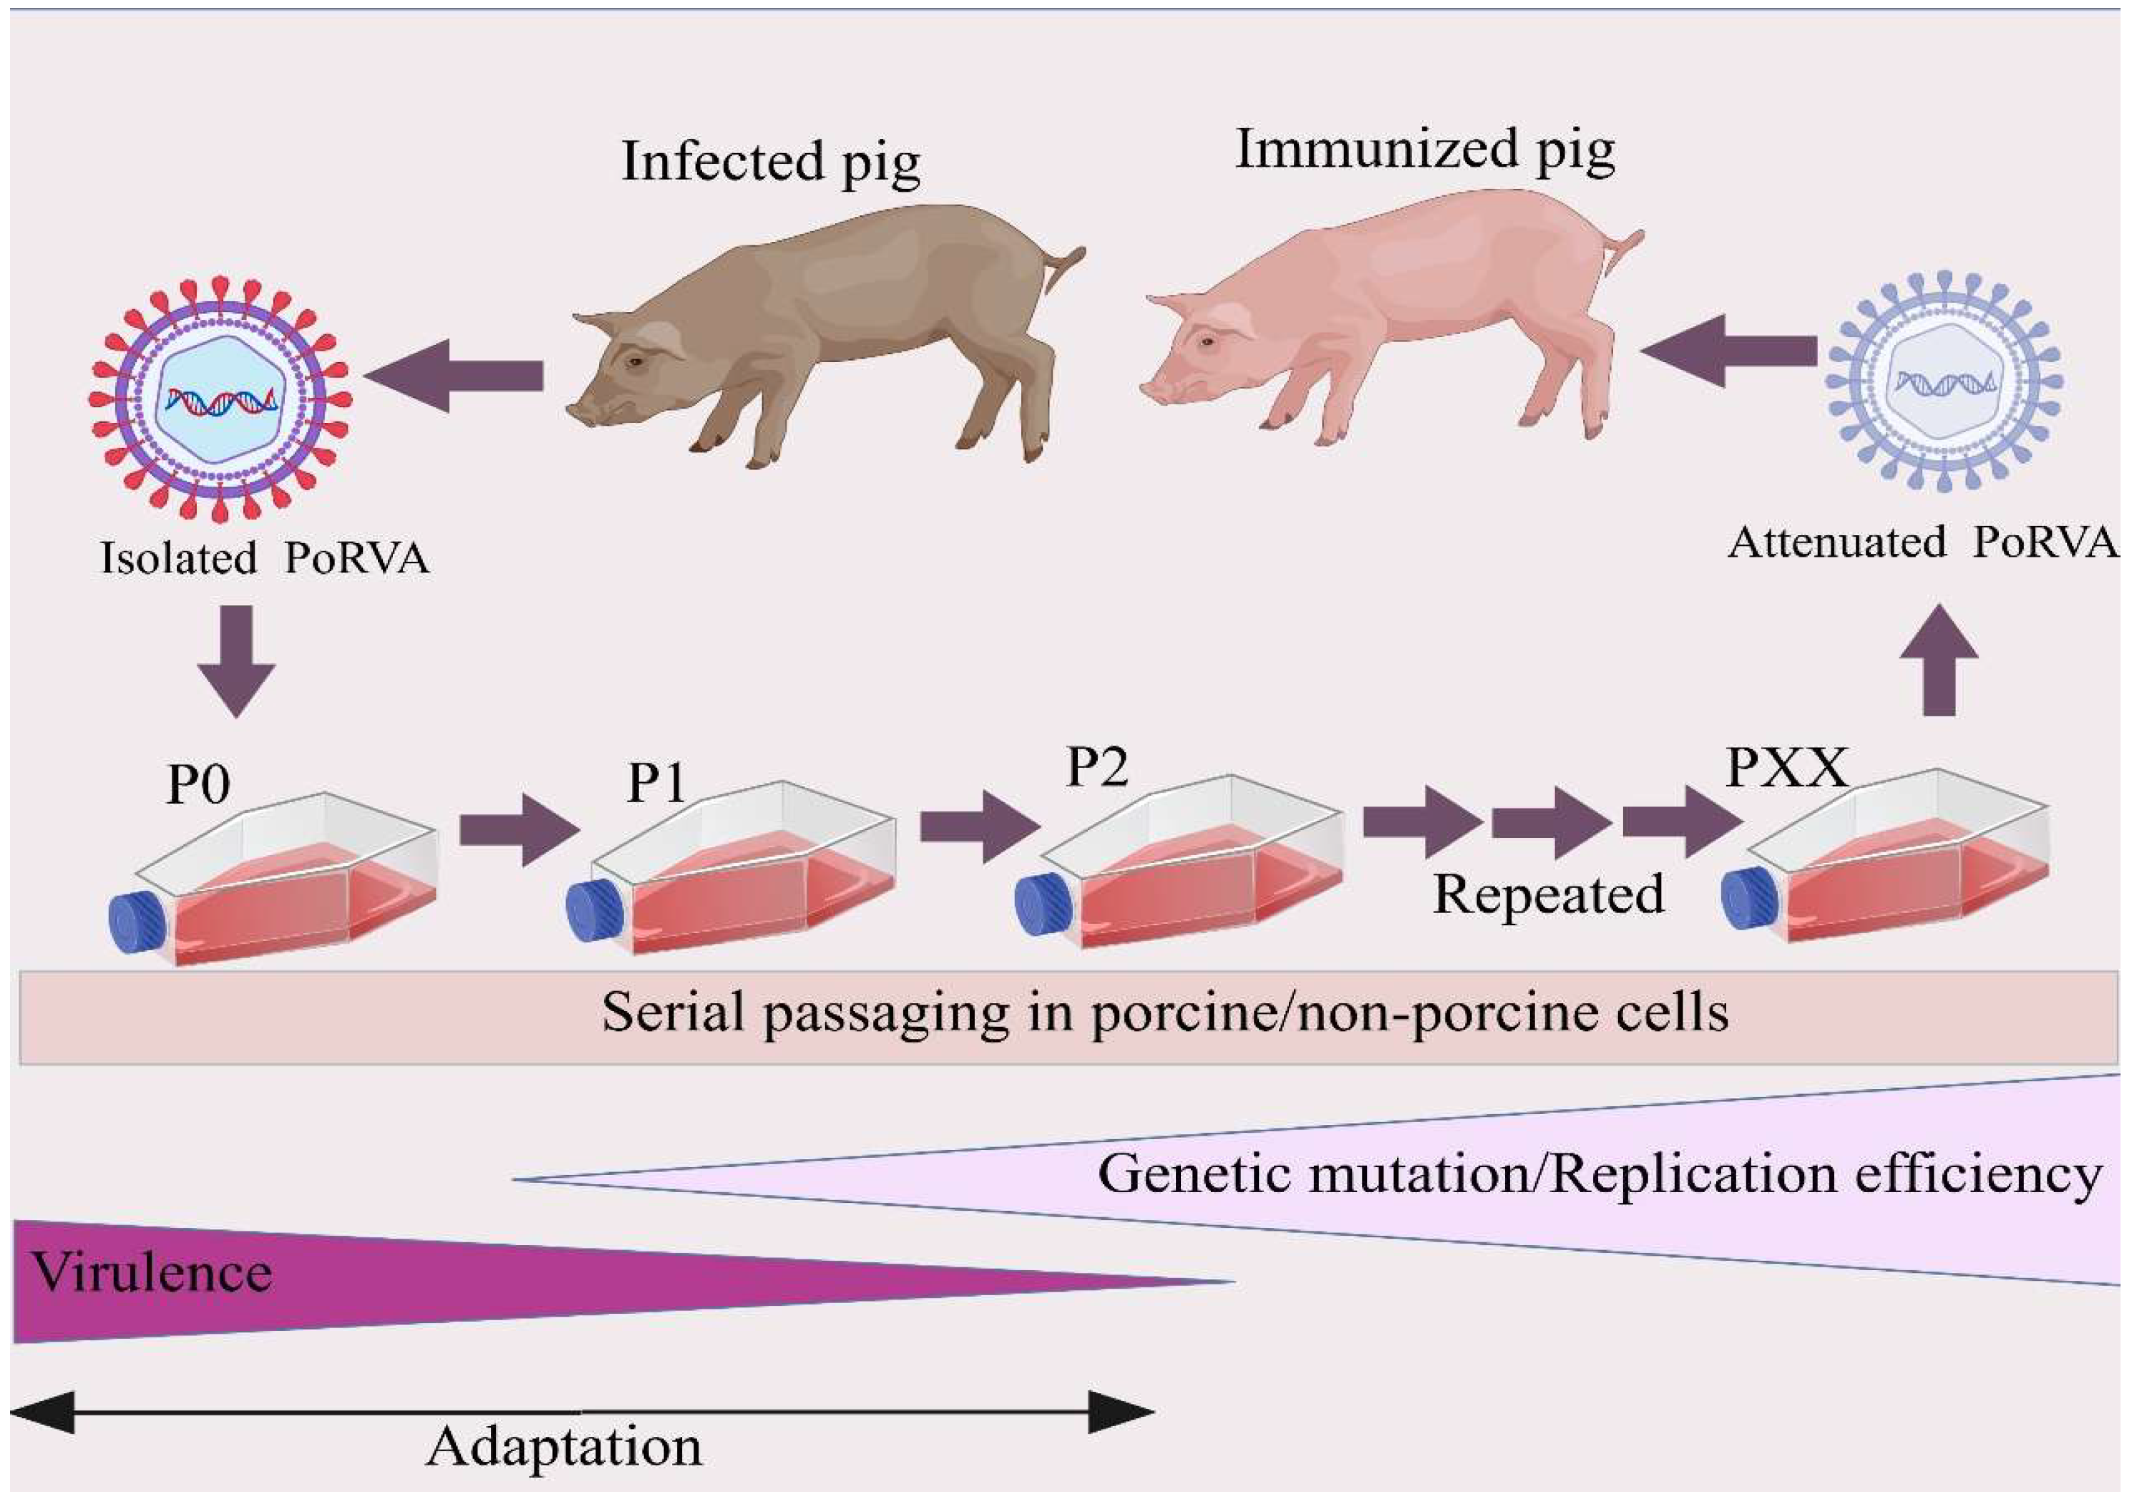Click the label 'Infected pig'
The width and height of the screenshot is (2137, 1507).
771,161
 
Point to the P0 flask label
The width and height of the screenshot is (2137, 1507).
198,785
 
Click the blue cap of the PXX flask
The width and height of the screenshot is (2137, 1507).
1750,897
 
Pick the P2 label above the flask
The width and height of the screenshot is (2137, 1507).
1096,767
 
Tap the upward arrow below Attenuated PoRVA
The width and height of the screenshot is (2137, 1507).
1939,660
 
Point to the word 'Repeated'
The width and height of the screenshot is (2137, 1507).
1548,895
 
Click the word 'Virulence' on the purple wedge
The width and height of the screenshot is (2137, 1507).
152,1272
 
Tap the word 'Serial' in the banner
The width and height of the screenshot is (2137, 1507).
673,1012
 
